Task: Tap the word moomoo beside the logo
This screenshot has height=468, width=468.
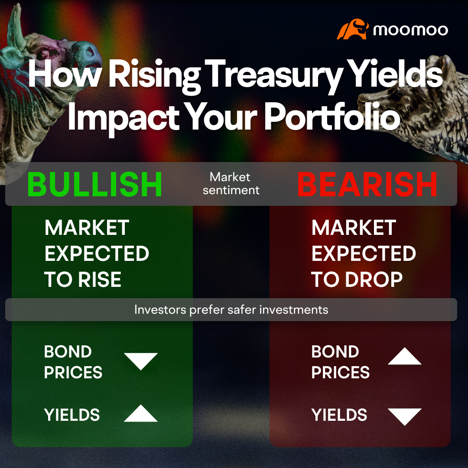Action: (x=410, y=30)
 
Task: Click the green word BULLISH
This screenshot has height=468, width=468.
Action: (x=95, y=184)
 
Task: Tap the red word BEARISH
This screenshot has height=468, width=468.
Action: (x=367, y=184)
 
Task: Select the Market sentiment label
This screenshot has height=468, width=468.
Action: (x=231, y=183)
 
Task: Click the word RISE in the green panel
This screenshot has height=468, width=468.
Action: (x=100, y=279)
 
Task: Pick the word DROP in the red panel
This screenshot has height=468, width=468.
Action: (x=374, y=279)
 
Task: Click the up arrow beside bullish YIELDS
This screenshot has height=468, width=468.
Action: (x=141, y=414)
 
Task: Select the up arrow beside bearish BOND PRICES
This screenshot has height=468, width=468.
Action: (x=404, y=357)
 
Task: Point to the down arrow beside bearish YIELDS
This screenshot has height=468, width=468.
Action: (x=404, y=416)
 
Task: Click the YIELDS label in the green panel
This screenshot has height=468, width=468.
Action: (x=72, y=415)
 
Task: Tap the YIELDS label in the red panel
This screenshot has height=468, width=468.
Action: (x=339, y=415)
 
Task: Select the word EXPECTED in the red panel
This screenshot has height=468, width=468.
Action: (x=364, y=254)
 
